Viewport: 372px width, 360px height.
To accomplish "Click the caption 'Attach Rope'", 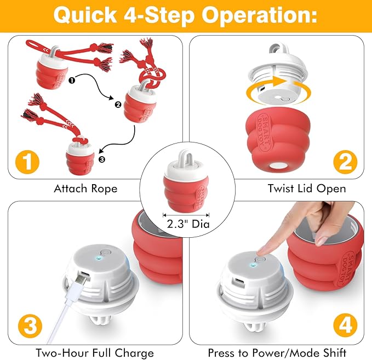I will coord(85,188).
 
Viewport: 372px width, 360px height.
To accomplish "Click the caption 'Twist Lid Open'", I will coord(306,188).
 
